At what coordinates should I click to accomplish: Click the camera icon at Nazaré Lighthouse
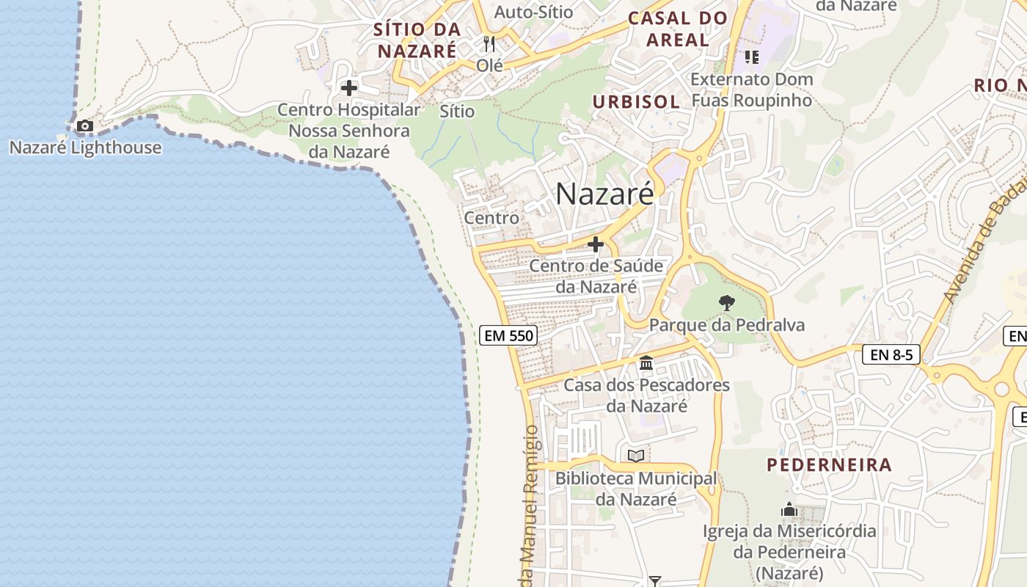[85, 126]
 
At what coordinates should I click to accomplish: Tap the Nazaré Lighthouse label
[85, 147]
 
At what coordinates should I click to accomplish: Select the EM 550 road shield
[508, 336]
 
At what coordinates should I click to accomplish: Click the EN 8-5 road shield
[891, 355]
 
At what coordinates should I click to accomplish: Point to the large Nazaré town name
[604, 194]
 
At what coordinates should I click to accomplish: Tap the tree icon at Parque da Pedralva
[726, 302]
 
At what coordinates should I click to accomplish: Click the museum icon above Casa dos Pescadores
[646, 363]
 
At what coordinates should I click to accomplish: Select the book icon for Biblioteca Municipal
[636, 456]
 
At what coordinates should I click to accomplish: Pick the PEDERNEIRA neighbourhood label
[829, 464]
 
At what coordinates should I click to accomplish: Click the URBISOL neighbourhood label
[636, 102]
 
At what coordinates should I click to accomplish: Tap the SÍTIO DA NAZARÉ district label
[417, 40]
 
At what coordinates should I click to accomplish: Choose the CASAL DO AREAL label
[678, 29]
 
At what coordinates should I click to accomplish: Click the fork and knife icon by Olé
[489, 44]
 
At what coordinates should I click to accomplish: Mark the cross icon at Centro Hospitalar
[349, 89]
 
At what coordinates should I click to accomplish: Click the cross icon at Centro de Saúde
[596, 244]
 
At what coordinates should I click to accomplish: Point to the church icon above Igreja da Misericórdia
[789, 509]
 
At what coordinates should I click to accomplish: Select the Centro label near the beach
[491, 218]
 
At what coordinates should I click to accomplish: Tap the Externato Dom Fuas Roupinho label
[752, 90]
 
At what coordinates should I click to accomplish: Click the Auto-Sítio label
[533, 12]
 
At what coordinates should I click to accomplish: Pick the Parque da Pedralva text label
[726, 325]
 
